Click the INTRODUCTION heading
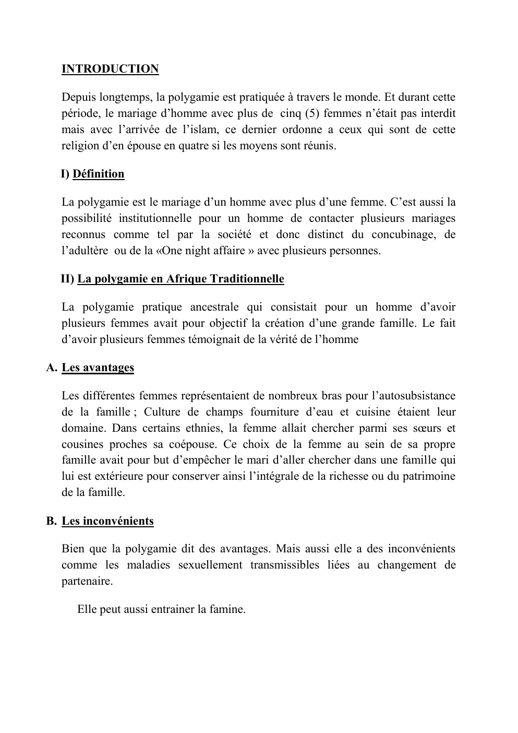tap(110, 69)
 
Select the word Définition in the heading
tap(99, 174)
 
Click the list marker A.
tap(51, 368)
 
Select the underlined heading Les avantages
tap(98, 368)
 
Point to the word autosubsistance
tap(413, 396)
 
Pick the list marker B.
tap(51, 521)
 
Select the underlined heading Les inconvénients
tap(107, 521)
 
